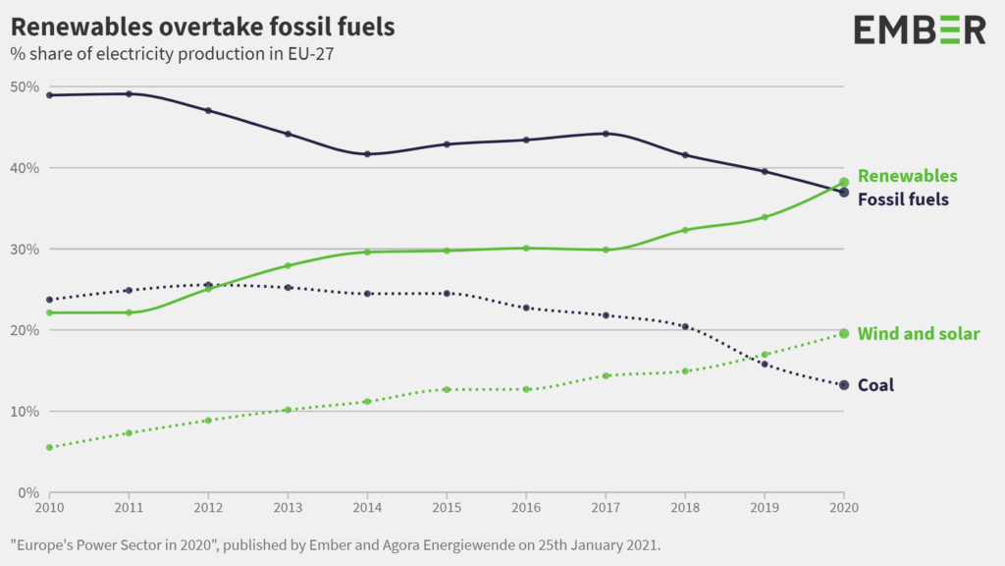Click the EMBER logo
(x=919, y=29)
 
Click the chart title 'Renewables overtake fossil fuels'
(x=202, y=27)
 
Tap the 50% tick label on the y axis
(x=25, y=86)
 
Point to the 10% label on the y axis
(x=25, y=411)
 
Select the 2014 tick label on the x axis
(x=367, y=507)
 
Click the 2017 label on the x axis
(x=606, y=507)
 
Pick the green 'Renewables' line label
(x=907, y=176)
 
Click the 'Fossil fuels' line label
(x=903, y=199)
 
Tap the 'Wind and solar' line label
(x=918, y=334)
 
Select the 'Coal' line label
(x=875, y=385)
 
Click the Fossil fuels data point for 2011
(x=129, y=94)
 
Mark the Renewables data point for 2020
(x=844, y=182)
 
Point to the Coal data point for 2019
(x=765, y=365)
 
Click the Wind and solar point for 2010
(x=49, y=447)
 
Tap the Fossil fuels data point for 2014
(x=367, y=154)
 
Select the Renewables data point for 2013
(x=288, y=265)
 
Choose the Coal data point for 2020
(x=844, y=385)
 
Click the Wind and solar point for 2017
(x=606, y=375)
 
